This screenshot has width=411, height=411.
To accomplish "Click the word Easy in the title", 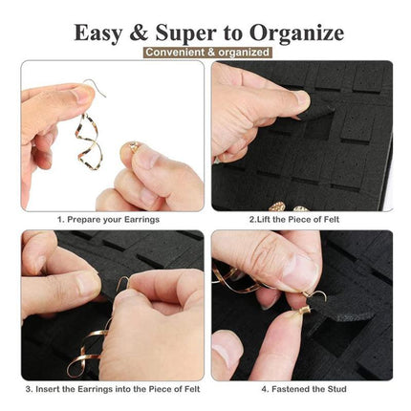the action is pos(98,32).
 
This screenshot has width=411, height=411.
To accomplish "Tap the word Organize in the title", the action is pos(297,32).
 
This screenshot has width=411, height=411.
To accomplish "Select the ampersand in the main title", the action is pos(140,32).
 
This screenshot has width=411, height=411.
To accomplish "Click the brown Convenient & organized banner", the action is pos(207,53).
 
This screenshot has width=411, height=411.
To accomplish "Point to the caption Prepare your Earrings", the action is pos(109,220).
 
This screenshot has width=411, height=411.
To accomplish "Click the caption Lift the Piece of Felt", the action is pos(294,220).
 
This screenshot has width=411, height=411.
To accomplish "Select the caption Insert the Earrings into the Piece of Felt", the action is pos(113,389).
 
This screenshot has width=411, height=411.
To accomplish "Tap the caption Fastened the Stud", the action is pos(304,389).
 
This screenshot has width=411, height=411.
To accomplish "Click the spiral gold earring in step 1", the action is pos(88,141).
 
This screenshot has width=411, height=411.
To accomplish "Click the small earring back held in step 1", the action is pos(132,147).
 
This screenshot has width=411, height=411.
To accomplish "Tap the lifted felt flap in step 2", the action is pos(317,110).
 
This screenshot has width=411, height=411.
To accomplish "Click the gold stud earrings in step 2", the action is pos(288,207).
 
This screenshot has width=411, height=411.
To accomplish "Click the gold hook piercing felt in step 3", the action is pos(122,283).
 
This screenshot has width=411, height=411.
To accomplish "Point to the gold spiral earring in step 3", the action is pos(88,348).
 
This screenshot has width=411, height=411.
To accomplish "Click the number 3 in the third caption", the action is pos(28,389).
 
